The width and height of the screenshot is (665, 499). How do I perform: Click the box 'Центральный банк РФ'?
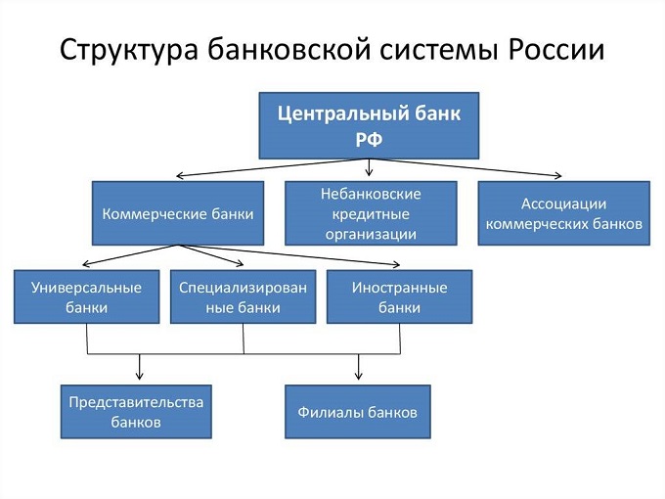(369, 125)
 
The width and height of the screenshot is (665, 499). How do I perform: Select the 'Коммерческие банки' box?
(178, 212)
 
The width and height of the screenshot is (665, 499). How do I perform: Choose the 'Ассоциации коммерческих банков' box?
(564, 212)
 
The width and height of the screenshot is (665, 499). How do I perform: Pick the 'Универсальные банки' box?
(87, 296)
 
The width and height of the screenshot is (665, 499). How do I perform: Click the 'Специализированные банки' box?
(244, 296)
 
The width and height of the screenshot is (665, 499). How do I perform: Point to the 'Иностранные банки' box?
(399, 296)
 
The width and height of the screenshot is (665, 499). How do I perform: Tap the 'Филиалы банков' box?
(358, 411)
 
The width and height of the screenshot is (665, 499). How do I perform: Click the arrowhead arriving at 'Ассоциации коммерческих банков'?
(558, 176)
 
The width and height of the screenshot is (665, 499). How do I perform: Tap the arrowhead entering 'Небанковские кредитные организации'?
(370, 176)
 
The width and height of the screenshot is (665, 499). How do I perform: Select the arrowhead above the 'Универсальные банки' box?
(84, 264)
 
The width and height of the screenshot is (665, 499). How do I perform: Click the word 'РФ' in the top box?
(369, 139)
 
